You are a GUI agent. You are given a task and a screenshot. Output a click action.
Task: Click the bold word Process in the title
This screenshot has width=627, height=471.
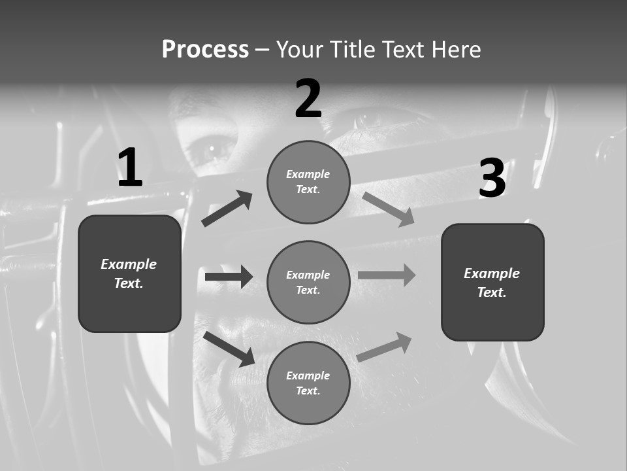coord(205,50)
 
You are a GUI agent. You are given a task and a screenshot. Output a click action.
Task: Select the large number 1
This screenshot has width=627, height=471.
coord(130,167)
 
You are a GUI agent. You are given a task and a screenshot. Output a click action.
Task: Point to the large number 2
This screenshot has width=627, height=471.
coord(308,99)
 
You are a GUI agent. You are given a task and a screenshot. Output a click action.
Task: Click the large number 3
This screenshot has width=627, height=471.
coord(492,179)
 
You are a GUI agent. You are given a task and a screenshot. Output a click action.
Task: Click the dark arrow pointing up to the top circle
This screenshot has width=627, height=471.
coord(227,209)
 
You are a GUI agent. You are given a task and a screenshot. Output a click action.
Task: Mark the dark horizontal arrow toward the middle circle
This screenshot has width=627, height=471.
coord(229,277)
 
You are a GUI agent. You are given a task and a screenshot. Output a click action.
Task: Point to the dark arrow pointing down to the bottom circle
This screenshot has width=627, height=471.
coord(229,349)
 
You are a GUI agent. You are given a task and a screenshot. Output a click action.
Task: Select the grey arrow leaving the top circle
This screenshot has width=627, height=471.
coord(388,209)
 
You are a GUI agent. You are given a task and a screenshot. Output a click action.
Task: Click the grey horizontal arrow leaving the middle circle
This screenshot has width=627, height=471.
coord(387,275)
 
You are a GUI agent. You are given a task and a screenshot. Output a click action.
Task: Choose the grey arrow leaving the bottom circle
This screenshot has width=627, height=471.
coord(384,347)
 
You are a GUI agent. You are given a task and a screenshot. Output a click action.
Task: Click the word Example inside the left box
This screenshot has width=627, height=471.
coord(129,264)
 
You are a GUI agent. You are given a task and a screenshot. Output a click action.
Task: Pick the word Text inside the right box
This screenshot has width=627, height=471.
coord(491,292)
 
